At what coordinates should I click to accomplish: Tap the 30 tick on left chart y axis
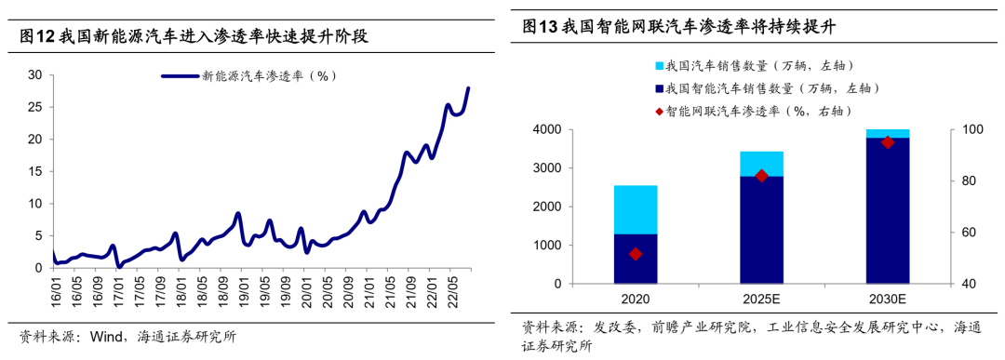[x=34, y=75]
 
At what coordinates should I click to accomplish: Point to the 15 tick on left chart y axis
[x=34, y=172]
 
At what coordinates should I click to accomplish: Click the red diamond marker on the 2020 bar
[x=636, y=254]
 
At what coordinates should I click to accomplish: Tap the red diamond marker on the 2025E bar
[x=762, y=176]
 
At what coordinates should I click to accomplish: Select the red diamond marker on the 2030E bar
[x=888, y=142]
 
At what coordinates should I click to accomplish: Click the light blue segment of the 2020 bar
[x=636, y=209]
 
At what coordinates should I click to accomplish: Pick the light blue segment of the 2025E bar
[x=762, y=164]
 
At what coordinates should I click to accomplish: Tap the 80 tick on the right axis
[x=966, y=181]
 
